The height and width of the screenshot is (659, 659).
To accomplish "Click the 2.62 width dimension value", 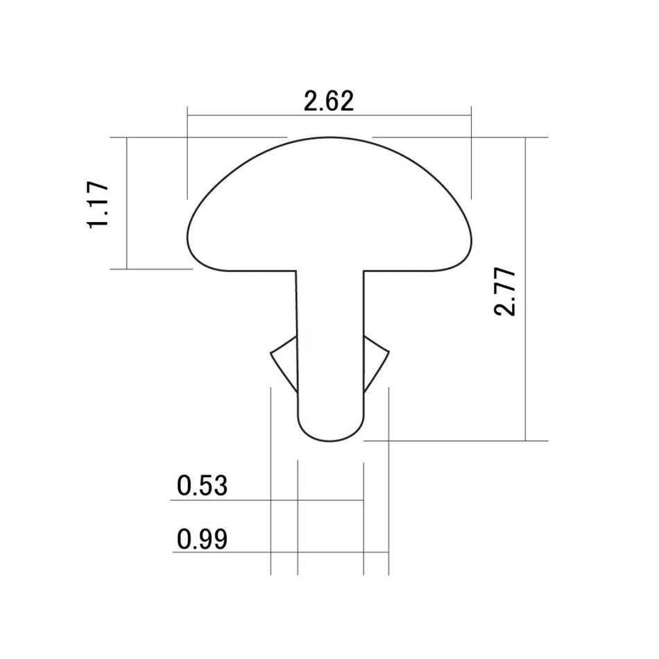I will (x=329, y=101).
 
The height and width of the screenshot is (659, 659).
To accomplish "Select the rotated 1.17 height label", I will (x=98, y=205).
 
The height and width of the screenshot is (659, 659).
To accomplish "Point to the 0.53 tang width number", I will (x=202, y=486).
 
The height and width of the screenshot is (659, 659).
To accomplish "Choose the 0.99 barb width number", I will (x=202, y=539).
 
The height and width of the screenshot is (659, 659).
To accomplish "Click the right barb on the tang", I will (x=377, y=357).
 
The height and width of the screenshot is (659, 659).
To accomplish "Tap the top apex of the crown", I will (x=330, y=137).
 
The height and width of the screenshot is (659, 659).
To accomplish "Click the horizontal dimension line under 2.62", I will (x=329, y=116).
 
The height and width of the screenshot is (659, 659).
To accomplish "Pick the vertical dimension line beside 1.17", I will (x=127, y=203).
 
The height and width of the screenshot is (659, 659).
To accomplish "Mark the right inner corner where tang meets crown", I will (x=363, y=271).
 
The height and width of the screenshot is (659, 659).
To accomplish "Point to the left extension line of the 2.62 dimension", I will (x=187, y=153).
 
